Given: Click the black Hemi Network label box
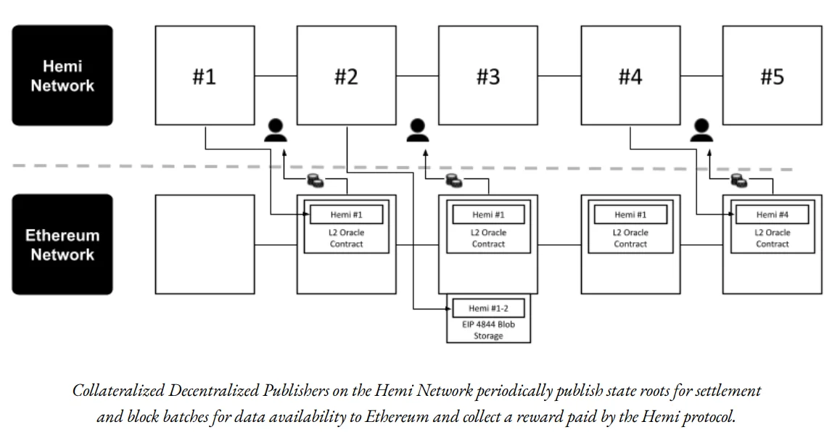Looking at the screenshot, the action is pyautogui.click(x=62, y=75).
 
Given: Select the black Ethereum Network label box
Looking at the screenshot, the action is pyautogui.click(x=62, y=244).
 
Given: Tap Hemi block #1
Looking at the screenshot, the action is pyautogui.click(x=205, y=75).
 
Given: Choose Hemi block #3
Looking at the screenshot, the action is pyautogui.click(x=488, y=75).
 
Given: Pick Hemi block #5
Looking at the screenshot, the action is pyautogui.click(x=773, y=75).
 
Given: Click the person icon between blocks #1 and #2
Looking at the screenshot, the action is pyautogui.click(x=276, y=130).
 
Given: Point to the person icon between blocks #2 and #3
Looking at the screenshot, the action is pyautogui.click(x=418, y=130).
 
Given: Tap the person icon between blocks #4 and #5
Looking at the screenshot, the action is pyautogui.click(x=701, y=130).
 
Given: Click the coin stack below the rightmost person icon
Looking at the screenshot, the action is pyautogui.click(x=739, y=181).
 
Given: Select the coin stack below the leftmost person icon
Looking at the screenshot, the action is pyautogui.click(x=316, y=181).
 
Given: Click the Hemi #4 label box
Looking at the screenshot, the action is pyautogui.click(x=773, y=215).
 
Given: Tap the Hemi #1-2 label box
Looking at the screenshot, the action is pyautogui.click(x=488, y=308).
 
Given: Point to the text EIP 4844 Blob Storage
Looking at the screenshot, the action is pyautogui.click(x=488, y=330).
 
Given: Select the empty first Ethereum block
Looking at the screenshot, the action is pyautogui.click(x=205, y=244).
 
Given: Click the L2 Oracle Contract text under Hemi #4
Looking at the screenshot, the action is pyautogui.click(x=773, y=239).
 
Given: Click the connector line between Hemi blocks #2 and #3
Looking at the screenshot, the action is pyautogui.click(x=417, y=76).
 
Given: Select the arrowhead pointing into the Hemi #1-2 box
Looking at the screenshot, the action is pyautogui.click(x=449, y=308).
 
